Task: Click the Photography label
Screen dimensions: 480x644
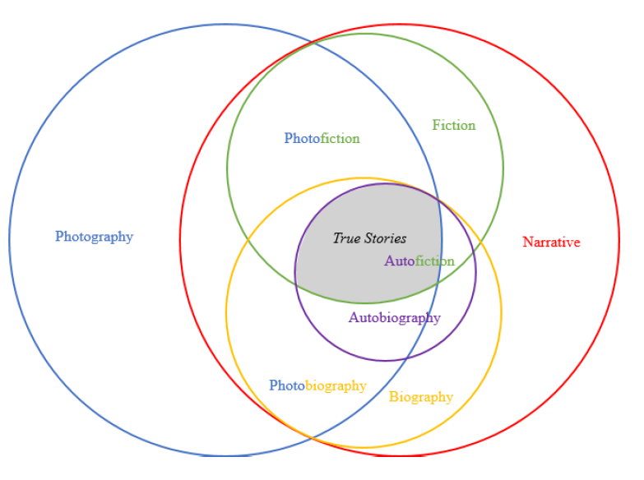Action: pyautogui.click(x=94, y=237)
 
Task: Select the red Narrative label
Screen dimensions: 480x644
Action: pyautogui.click(x=551, y=242)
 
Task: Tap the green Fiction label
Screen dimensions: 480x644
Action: pyautogui.click(x=454, y=125)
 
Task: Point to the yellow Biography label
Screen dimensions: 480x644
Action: pyautogui.click(x=421, y=397)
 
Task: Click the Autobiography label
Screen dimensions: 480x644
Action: pyautogui.click(x=395, y=317)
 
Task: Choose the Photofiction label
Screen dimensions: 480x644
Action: pyautogui.click(x=322, y=138)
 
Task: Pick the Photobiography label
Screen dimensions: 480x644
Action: pyautogui.click(x=317, y=385)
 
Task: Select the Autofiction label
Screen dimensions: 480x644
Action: pyautogui.click(x=419, y=261)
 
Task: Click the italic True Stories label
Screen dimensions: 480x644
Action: pyautogui.click(x=369, y=238)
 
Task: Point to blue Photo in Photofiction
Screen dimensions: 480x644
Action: pyautogui.click(x=302, y=138)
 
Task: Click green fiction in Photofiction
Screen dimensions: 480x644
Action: pyautogui.click(x=341, y=138)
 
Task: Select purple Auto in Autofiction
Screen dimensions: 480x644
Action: pyautogui.click(x=400, y=261)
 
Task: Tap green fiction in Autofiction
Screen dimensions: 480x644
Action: pyautogui.click(x=435, y=261)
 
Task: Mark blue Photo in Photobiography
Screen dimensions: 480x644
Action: pyautogui.click(x=287, y=385)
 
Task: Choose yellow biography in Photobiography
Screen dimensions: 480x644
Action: pyautogui.click(x=336, y=385)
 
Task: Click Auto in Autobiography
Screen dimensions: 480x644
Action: pyautogui.click(x=364, y=317)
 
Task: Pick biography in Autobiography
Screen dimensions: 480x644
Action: pyautogui.click(x=410, y=317)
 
